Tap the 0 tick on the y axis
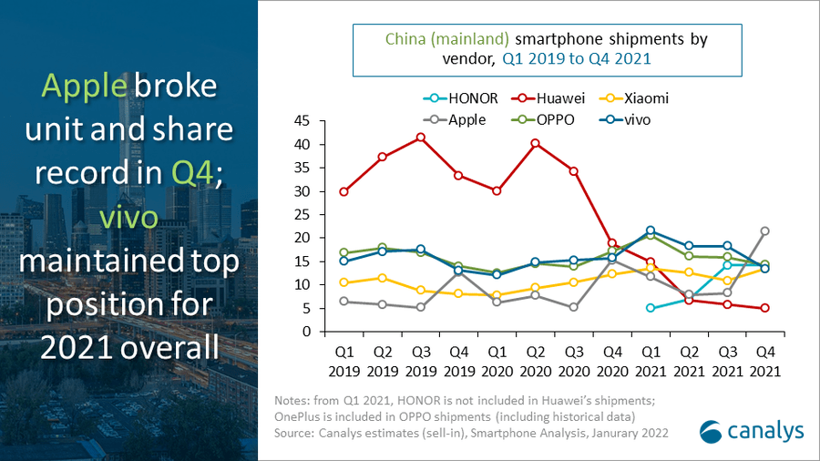coord(307,332)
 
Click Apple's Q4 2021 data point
coord(764,231)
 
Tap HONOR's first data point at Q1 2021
coord(650,308)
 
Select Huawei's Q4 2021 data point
coord(764,308)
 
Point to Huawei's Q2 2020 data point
coord(535,143)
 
